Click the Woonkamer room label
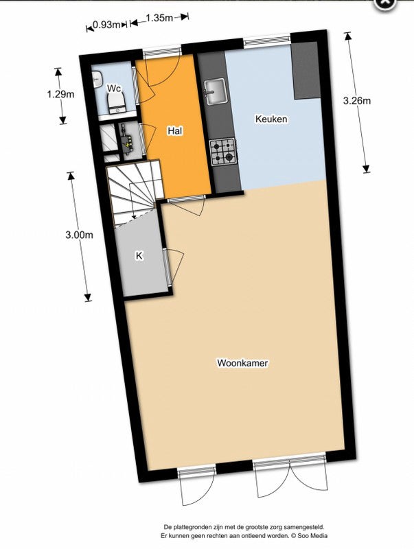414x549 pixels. [x=242, y=362]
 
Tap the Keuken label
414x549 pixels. [x=271, y=119]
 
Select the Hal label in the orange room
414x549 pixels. [x=175, y=130]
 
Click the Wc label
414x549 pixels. [x=113, y=89]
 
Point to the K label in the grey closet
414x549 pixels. [x=139, y=255]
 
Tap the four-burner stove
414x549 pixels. [x=222, y=152]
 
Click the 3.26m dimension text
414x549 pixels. [x=356, y=102]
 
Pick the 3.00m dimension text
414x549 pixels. [x=78, y=234]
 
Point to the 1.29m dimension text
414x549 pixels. [x=61, y=95]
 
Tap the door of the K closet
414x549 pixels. [x=174, y=266]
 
